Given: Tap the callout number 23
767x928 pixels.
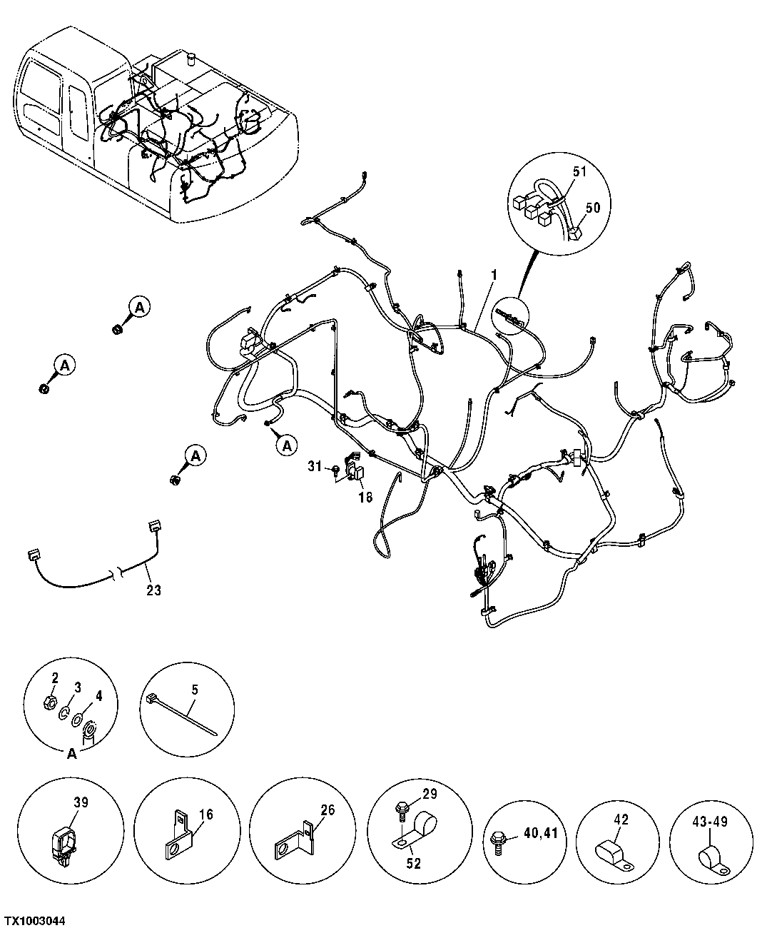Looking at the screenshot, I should pyautogui.click(x=154, y=590).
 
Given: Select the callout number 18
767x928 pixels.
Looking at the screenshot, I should pyautogui.click(x=365, y=498).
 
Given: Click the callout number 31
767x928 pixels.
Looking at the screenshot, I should pyautogui.click(x=315, y=466).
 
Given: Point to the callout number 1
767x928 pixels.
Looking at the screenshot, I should pyautogui.click(x=493, y=275).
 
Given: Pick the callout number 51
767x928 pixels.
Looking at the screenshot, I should pyautogui.click(x=579, y=171).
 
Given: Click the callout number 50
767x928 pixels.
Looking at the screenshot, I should pyautogui.click(x=593, y=207).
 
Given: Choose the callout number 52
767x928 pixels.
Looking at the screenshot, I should pyautogui.click(x=414, y=864).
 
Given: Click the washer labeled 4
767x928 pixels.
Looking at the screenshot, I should pyautogui.click(x=76, y=720).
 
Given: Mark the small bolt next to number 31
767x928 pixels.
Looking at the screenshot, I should pyautogui.click(x=334, y=469).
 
